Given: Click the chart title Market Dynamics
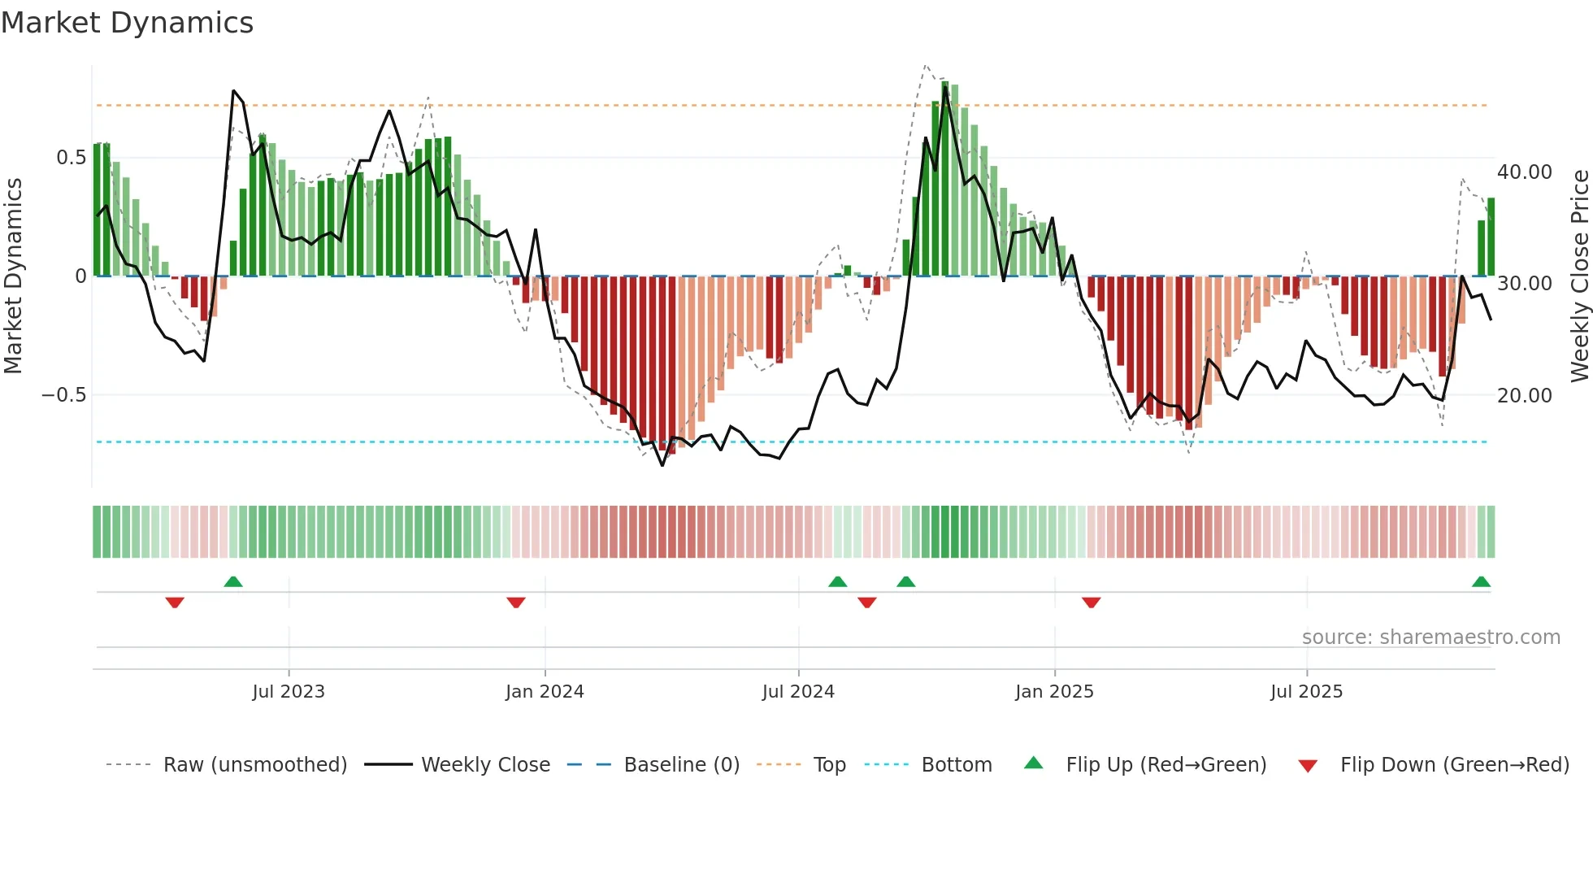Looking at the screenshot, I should (x=128, y=23).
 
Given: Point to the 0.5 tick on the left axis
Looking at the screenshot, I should (x=71, y=158).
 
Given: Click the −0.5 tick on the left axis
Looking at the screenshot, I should (x=63, y=395).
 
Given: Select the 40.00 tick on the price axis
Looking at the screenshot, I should (x=1525, y=172).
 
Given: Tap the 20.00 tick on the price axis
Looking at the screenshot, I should (x=1525, y=396).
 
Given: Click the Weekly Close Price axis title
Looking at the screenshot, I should (x=1579, y=276).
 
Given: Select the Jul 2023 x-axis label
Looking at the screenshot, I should (x=289, y=692).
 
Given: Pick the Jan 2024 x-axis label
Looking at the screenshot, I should (x=545, y=692).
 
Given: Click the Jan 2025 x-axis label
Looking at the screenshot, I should (x=1054, y=692).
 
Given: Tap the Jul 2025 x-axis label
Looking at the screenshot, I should (x=1306, y=692).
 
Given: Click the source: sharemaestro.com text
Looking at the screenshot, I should (x=1430, y=637).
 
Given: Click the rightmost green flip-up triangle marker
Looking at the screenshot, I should (x=1481, y=582).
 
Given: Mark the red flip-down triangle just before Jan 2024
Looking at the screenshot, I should (x=516, y=602).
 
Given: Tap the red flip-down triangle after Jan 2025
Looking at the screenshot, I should (x=1092, y=602).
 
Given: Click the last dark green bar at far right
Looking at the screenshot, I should (x=1491, y=237).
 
